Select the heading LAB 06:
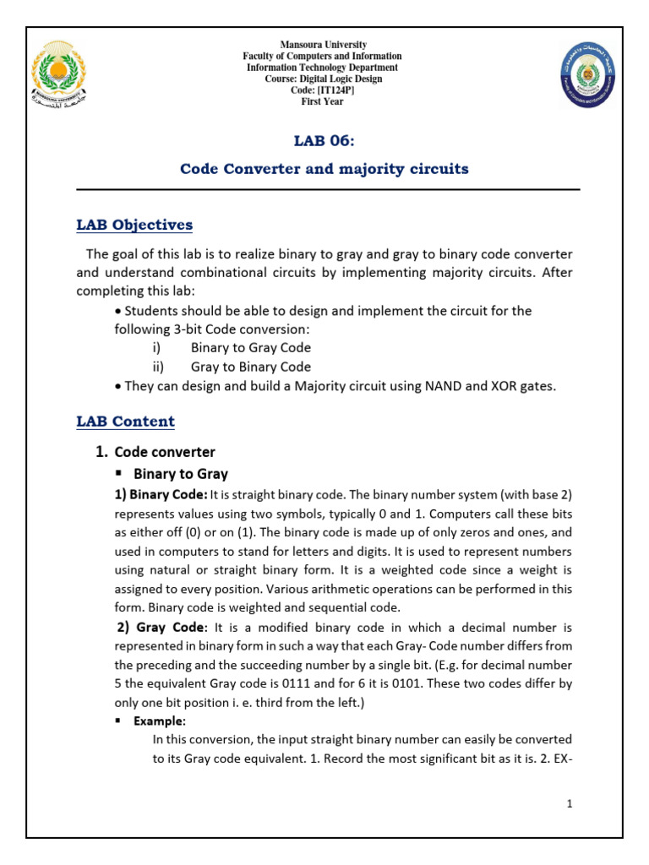click(324, 140)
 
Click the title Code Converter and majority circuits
click(324, 168)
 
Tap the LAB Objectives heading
click(134, 225)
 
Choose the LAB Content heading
click(125, 421)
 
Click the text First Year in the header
click(323, 101)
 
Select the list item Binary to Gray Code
click(251, 347)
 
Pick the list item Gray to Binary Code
click(251, 367)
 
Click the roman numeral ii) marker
click(160, 367)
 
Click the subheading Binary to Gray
click(180, 473)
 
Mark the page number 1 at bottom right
click(570, 805)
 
